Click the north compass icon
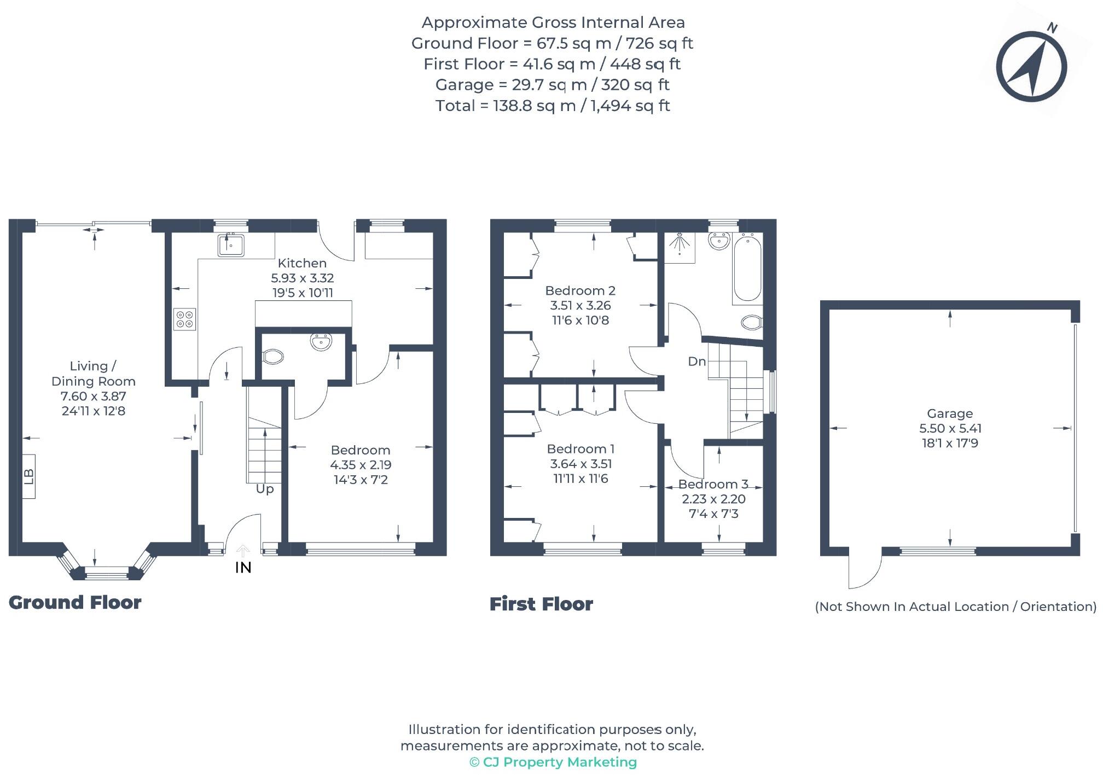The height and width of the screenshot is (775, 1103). (x=1031, y=66)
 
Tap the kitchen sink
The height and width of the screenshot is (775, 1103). (x=231, y=244)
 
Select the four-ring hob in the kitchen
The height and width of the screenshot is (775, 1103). (x=184, y=319)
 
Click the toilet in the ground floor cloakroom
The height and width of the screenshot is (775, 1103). (x=272, y=357)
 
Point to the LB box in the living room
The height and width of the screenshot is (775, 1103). (x=29, y=476)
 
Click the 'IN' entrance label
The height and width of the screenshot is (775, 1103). (x=243, y=568)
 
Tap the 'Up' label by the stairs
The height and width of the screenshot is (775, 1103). (x=265, y=489)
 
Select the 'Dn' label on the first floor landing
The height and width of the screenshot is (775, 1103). (x=696, y=362)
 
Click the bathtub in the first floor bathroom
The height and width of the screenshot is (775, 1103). (x=747, y=269)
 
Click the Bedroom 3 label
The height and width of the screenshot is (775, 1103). (x=713, y=484)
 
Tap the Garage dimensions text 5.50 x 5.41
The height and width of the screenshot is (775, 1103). (x=949, y=428)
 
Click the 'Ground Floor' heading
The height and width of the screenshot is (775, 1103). (x=75, y=603)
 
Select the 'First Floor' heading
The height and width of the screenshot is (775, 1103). (x=541, y=604)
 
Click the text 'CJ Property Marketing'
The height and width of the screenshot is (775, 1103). (x=559, y=762)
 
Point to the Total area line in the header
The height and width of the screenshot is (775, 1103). (x=552, y=106)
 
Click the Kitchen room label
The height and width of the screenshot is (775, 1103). (x=302, y=263)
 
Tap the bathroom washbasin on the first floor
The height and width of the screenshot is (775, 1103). (x=719, y=241)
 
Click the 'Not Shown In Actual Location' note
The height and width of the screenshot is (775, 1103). (x=955, y=607)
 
